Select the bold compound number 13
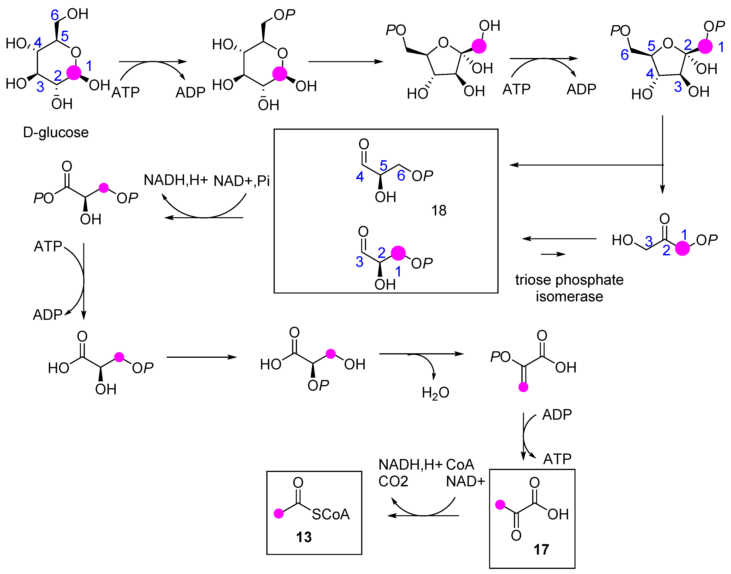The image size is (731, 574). point(304,537)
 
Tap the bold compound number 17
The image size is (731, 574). point(541,549)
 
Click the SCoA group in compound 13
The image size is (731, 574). point(330,514)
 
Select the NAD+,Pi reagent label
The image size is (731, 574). point(242,181)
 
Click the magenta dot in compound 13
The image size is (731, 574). point(279,513)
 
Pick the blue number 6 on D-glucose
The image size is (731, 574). point(55,15)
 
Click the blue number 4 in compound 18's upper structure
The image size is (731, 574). point(360,177)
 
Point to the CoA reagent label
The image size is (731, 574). point(460,465)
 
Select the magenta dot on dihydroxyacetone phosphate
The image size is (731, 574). point(682,248)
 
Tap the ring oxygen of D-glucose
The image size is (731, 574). point(76,52)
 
